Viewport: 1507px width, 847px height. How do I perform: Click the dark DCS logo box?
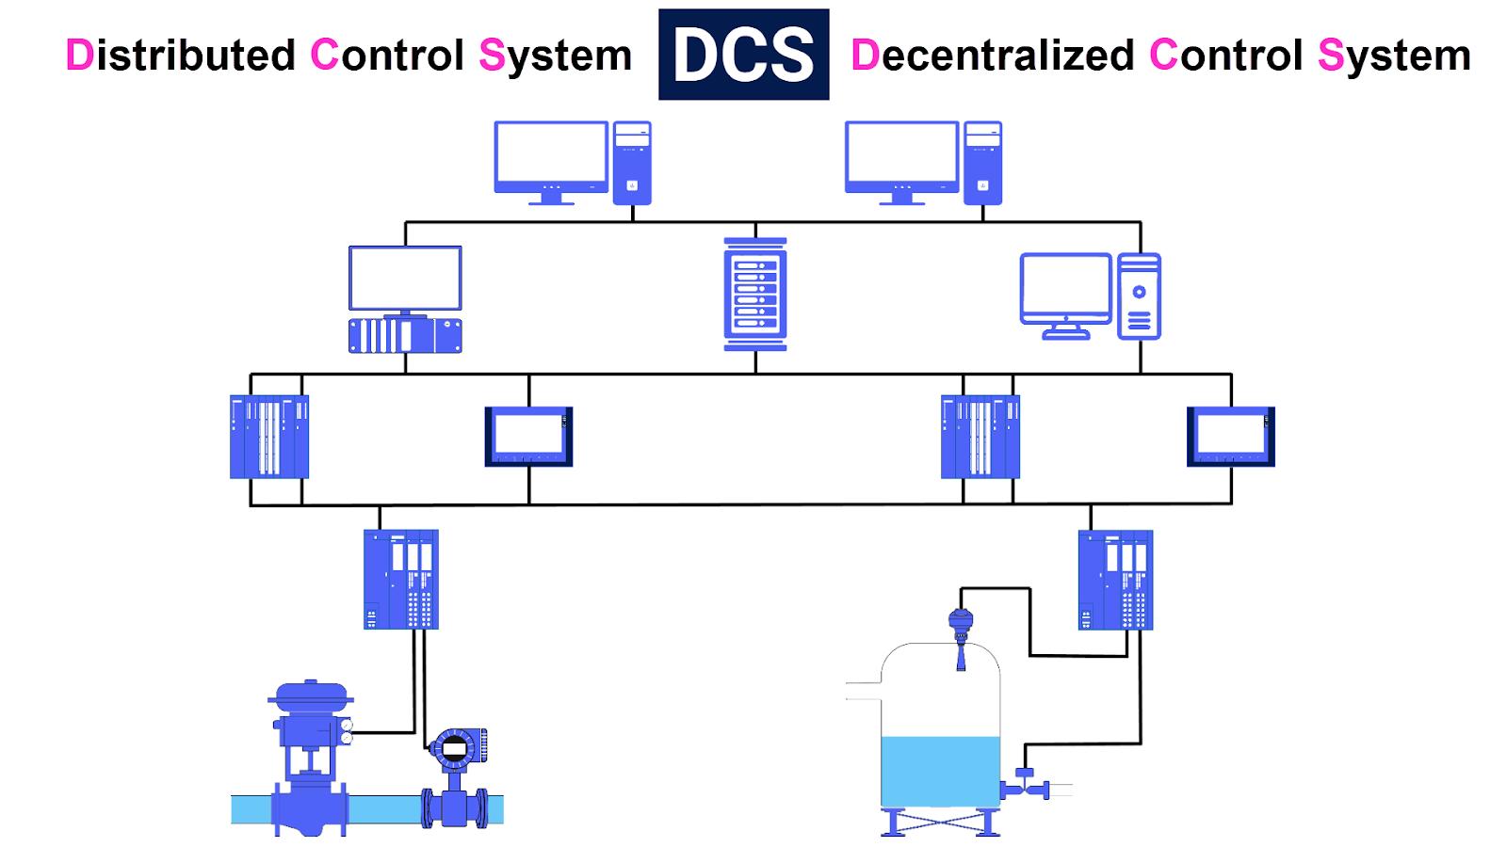(743, 55)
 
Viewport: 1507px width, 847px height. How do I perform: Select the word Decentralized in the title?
(992, 56)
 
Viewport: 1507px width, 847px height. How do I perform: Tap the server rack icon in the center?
(754, 295)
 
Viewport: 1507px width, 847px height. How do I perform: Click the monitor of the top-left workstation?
(551, 155)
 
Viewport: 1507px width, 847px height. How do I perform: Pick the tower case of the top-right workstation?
(982, 163)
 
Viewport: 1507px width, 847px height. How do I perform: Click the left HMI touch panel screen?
(528, 436)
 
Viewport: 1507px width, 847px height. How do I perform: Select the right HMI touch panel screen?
(1230, 436)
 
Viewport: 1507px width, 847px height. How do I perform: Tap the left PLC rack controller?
(269, 437)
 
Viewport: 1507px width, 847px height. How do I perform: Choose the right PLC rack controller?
(980, 437)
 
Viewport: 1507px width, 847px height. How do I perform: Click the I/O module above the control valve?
(401, 579)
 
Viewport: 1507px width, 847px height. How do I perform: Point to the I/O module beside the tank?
(1115, 580)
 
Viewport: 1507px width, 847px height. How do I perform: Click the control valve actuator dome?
(311, 693)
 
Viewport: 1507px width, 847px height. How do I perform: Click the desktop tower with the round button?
(1139, 296)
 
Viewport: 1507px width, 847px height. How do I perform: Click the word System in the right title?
(1394, 56)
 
